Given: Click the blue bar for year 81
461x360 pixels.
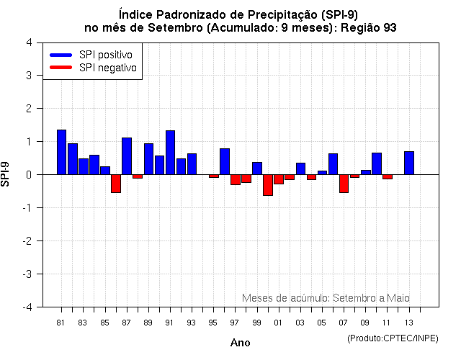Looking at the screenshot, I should pos(61,152).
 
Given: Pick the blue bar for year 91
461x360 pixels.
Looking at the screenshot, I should pos(170,153).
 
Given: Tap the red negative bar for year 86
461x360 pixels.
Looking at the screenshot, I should pos(116,184).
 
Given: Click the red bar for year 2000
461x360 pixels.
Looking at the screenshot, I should pos(268,185).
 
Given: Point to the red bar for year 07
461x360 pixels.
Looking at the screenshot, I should pos(344,184).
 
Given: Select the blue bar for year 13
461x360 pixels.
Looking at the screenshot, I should pos(409,163).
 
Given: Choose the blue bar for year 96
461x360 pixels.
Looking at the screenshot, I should pos(225,161).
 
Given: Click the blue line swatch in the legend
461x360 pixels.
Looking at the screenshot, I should pos(61,55).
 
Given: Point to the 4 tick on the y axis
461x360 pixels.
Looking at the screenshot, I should pos(28,42).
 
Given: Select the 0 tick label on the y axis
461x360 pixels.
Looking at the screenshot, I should pos(28,175).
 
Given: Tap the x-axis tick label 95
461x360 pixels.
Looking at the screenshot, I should pos(213,323).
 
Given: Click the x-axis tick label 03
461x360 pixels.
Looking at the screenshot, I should pos(300,323).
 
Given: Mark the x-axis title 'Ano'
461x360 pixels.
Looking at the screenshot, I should pos(240,343).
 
